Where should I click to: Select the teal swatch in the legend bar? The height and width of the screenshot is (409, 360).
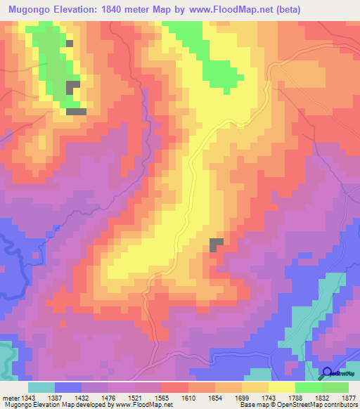tap(41, 387)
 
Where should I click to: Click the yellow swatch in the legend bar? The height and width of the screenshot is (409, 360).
tap(282, 387)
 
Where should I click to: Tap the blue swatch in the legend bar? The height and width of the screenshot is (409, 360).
tap(68, 387)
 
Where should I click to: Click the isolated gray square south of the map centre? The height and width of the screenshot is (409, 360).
tap(217, 244)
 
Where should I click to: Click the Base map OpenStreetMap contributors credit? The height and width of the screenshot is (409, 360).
tap(298, 405)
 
